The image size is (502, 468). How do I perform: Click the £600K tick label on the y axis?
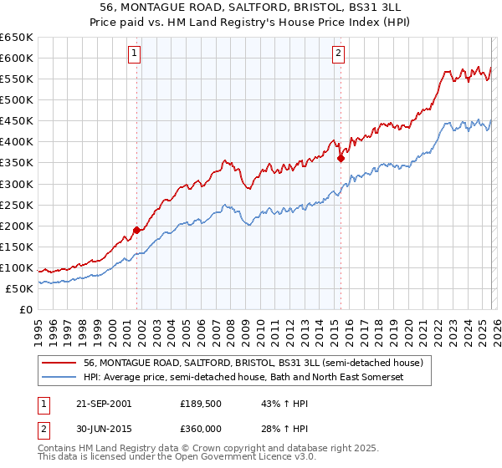coord(17,58)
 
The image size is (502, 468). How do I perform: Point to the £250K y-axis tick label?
coord(17,205)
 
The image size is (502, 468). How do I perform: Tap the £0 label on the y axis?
coord(26,310)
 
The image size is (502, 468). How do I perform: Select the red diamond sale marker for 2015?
coord(341,157)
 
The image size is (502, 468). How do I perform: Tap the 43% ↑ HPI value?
coord(274,404)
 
